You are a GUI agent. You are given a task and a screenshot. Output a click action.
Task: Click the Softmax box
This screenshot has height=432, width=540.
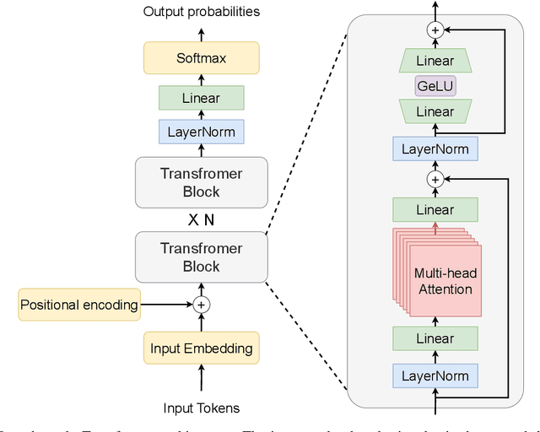click(201, 58)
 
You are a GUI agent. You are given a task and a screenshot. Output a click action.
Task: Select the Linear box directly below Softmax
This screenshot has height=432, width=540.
click(201, 99)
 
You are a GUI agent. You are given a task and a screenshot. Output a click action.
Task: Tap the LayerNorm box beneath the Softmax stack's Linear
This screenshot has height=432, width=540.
click(201, 132)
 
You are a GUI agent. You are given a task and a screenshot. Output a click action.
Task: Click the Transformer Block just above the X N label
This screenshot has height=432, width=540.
click(201, 182)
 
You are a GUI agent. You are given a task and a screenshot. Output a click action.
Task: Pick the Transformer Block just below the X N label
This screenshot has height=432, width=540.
click(201, 257)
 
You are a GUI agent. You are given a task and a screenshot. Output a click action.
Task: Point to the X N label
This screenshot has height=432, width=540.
click(201, 219)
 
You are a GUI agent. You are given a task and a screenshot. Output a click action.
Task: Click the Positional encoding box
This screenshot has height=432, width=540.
click(79, 305)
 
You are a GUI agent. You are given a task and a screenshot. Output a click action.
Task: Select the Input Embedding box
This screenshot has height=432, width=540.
click(201, 348)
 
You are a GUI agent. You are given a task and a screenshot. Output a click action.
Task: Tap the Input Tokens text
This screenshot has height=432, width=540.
click(201, 408)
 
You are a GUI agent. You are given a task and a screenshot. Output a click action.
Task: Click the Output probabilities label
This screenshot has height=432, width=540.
click(201, 11)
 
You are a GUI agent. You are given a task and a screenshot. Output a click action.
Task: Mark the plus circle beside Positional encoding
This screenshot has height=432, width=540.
click(201, 305)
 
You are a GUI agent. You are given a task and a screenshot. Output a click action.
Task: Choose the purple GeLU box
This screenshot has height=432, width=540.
click(435, 86)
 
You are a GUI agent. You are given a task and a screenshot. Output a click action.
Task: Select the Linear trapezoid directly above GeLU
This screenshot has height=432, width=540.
click(435, 61)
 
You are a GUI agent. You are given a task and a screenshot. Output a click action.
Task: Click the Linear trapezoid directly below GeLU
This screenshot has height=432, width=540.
click(435, 111)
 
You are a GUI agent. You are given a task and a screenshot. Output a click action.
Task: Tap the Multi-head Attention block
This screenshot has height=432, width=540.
click(443, 281)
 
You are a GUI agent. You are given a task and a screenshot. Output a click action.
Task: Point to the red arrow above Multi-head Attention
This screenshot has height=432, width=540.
click(435, 229)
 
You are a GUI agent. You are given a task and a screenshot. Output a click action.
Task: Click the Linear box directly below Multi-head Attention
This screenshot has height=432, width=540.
click(435, 338)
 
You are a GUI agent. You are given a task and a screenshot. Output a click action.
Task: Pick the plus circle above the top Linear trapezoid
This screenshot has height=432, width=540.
click(435, 30)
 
